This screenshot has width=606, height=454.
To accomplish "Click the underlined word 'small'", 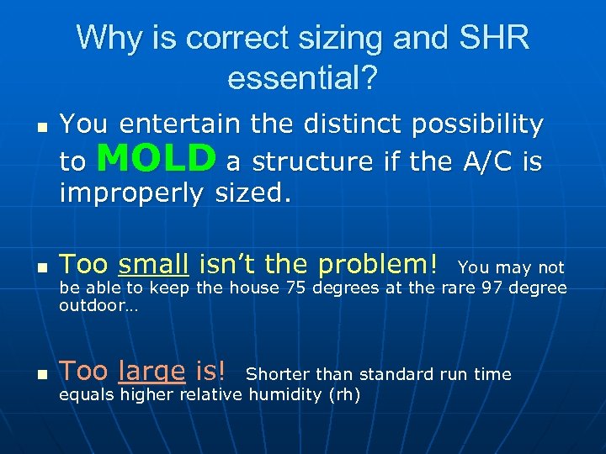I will tap(153, 265).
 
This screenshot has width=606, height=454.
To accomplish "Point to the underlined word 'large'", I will tap(151, 371).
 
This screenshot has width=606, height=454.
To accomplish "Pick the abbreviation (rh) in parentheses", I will tap(343, 394).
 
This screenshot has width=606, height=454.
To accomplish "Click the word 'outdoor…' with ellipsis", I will tap(98, 307).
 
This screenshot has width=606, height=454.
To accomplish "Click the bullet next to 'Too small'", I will tap(41, 268).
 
